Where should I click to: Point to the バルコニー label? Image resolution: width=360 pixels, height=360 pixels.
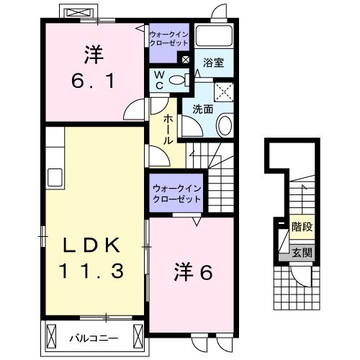pos(93,336)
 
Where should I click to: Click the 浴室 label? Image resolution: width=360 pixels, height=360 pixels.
pos(213,63)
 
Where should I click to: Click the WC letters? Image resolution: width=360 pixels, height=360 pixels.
pos(161,80)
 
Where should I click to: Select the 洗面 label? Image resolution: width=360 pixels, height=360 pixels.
pos(202,109)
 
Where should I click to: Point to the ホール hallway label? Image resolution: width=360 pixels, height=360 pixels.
pos(168,130)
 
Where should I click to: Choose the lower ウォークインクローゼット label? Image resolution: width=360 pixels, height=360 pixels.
pos(176,194)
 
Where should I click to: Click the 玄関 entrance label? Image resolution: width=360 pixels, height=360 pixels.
pos(302,252)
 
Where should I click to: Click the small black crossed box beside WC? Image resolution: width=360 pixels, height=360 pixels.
pos(186,60)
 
